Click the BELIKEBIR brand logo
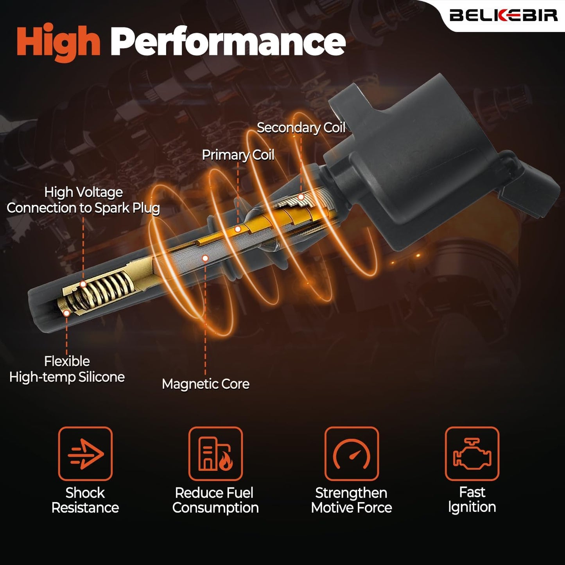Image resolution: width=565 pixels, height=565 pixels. (x=503, y=15)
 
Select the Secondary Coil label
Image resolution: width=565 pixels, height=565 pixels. (x=301, y=127)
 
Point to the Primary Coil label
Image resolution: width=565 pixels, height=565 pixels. (x=238, y=155)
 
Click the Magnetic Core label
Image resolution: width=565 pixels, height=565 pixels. (x=206, y=384)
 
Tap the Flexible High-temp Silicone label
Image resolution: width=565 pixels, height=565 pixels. (x=67, y=369)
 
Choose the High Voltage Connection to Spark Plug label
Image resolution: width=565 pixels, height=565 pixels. (x=83, y=200)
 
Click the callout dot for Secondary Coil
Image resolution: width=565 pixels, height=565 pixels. (x=301, y=197)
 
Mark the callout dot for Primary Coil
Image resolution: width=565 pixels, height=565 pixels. (x=237, y=229)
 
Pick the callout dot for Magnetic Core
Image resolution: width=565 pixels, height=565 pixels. (x=205, y=258)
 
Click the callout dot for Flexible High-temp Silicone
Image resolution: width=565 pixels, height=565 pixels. (x=66, y=313)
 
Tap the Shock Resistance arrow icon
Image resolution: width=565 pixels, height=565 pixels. (x=85, y=454)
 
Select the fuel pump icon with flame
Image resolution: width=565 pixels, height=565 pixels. (x=215, y=454)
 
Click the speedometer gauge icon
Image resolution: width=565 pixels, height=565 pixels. (x=352, y=454)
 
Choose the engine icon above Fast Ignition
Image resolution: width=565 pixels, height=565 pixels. (x=472, y=454)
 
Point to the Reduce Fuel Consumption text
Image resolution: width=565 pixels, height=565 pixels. (x=215, y=500)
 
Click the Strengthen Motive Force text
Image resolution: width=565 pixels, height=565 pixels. (x=352, y=500)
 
